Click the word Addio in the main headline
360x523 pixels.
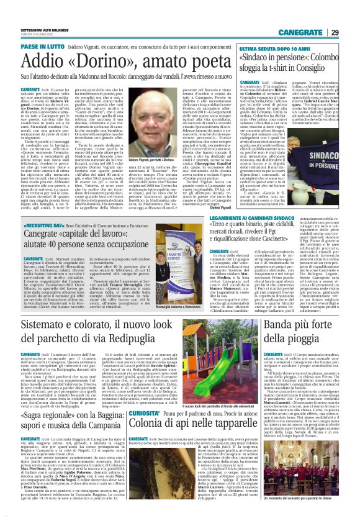[x=39, y=60]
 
